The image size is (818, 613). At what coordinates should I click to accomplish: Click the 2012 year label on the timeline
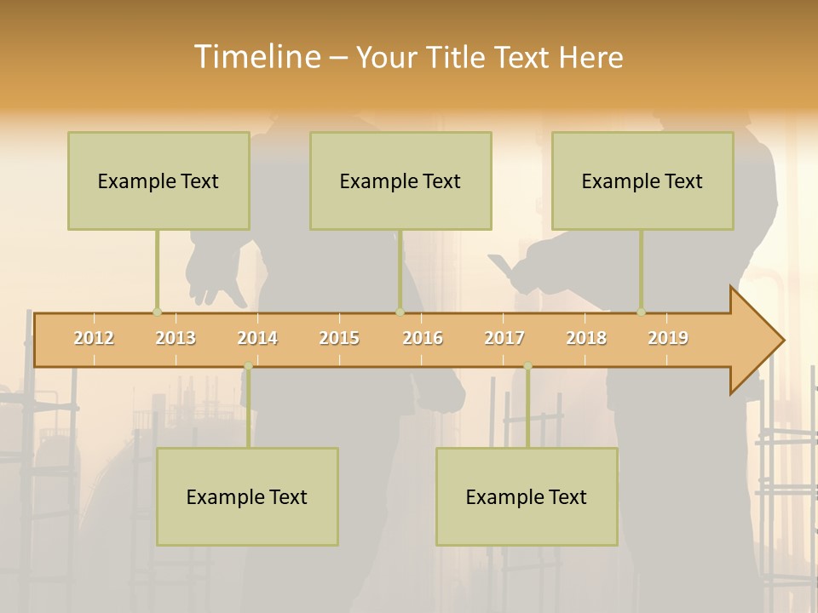94,338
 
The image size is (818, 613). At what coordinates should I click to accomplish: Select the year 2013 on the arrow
176,338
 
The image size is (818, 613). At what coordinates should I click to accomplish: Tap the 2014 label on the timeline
257,338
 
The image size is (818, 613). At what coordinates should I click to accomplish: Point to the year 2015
339,338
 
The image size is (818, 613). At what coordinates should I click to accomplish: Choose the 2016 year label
423,338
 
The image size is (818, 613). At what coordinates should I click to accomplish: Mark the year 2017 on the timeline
504,338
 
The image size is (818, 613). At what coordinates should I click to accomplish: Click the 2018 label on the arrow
586,338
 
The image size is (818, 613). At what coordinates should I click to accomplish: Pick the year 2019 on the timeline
668,338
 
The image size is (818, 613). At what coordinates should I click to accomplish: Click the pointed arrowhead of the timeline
758,340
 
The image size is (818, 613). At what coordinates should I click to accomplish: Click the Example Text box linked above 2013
158,180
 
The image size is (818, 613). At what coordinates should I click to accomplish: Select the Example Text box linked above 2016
400,180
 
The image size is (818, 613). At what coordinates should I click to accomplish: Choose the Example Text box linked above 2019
642,180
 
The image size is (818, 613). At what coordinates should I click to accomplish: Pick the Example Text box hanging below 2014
247,496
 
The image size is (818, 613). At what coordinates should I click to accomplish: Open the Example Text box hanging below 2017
527,496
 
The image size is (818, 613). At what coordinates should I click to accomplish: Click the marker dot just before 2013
157,312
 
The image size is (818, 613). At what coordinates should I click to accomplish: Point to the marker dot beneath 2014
248,366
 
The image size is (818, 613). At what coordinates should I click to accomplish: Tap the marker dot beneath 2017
527,366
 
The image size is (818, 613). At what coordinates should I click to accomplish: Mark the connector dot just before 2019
641,312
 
